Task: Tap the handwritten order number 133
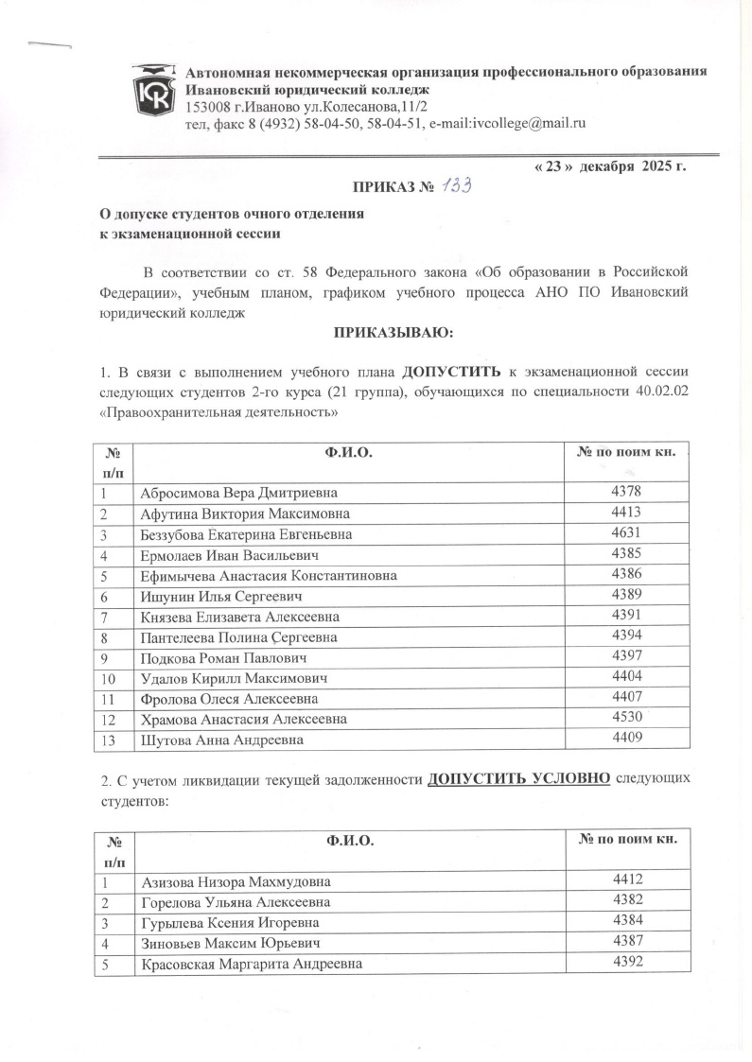(x=454, y=187)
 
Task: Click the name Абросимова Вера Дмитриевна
(x=237, y=493)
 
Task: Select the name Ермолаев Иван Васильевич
(x=231, y=555)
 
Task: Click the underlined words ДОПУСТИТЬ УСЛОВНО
(x=518, y=778)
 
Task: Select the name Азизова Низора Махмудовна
(x=236, y=882)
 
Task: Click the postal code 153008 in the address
(x=207, y=105)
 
